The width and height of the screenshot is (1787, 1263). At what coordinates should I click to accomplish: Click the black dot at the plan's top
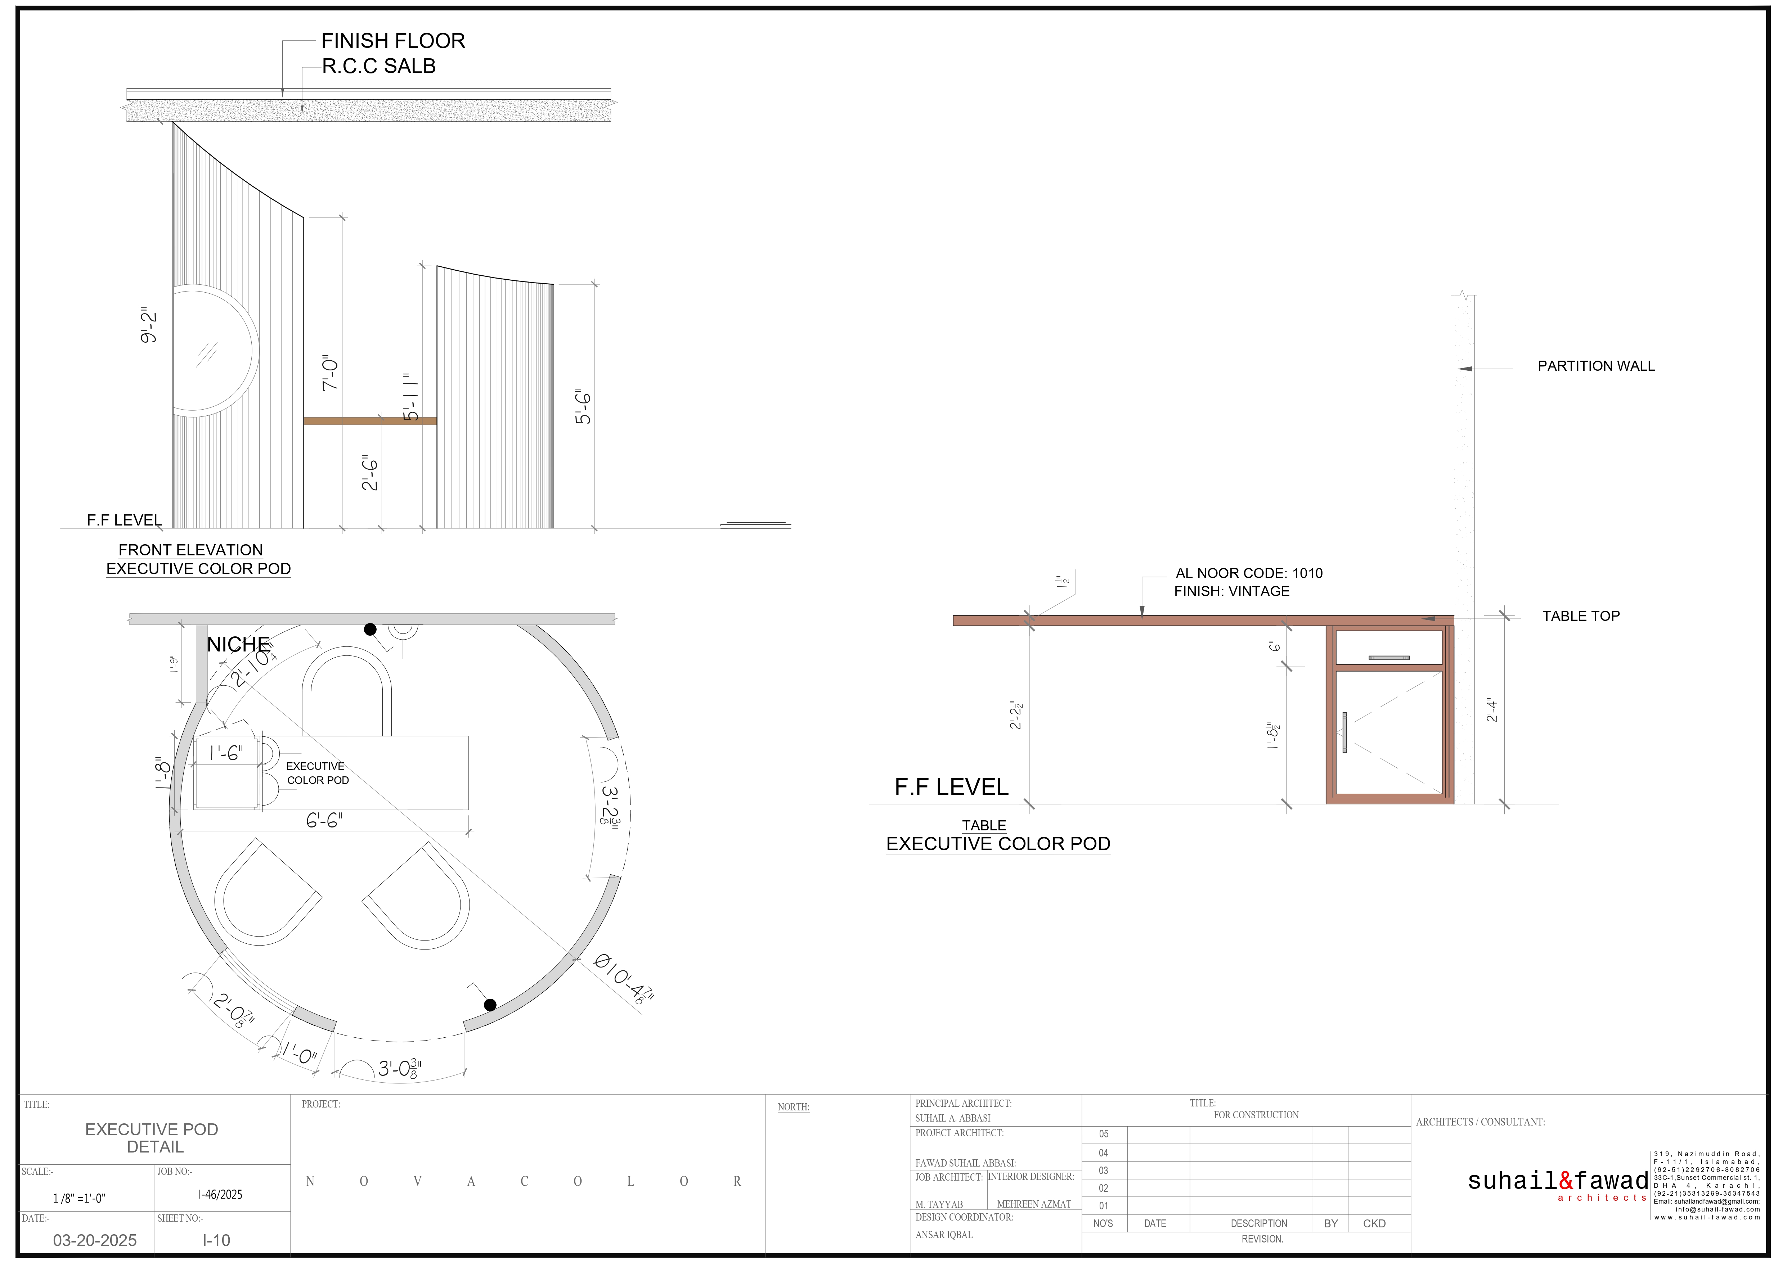(x=371, y=629)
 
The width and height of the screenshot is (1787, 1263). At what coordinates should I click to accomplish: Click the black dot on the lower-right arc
(x=490, y=1005)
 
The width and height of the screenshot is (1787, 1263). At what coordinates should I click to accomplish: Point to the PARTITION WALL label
(x=1595, y=366)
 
